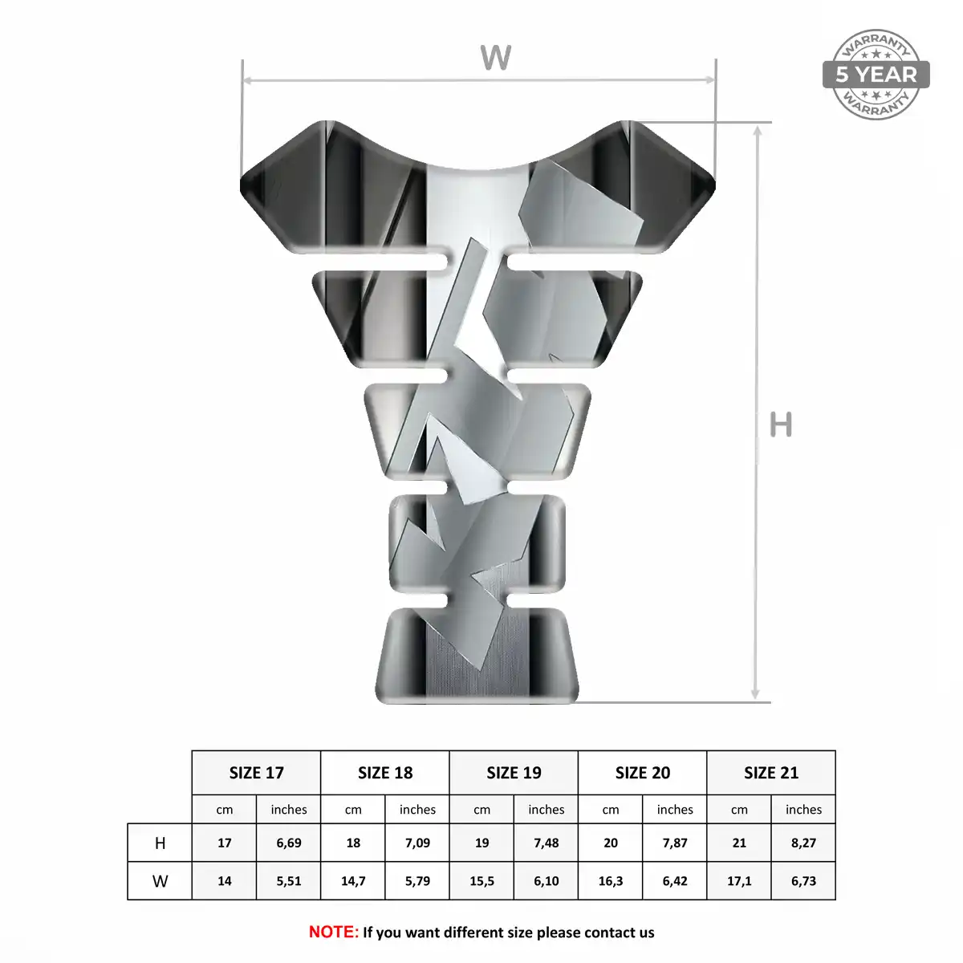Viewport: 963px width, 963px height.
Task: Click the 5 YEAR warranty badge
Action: point(876,75)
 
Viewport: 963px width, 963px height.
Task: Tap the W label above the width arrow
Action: point(495,58)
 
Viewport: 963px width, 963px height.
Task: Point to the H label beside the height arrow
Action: point(781,425)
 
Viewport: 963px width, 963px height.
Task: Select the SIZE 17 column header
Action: point(256,773)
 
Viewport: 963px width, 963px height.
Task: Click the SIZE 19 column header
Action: point(514,773)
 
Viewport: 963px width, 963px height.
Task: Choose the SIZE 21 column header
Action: point(771,773)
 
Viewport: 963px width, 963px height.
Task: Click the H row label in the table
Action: point(160,843)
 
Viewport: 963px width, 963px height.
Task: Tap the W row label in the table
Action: point(160,880)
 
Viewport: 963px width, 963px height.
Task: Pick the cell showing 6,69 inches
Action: point(289,843)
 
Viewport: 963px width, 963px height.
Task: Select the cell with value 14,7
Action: point(353,880)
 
